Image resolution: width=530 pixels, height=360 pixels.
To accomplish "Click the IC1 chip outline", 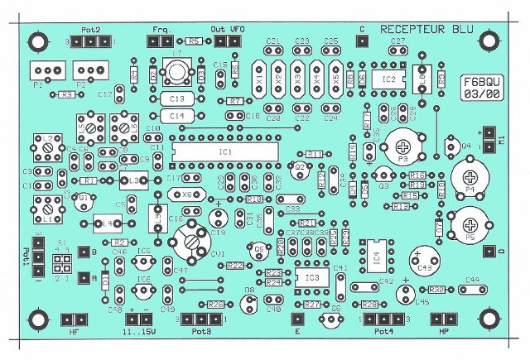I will [x=226, y=154].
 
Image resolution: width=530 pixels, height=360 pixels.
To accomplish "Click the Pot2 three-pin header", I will [x=89, y=41].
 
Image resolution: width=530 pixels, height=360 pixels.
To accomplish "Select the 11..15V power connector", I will [x=139, y=320].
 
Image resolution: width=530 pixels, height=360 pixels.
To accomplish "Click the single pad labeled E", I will [x=296, y=319].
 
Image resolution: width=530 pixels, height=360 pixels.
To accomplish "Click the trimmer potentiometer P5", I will [x=470, y=222].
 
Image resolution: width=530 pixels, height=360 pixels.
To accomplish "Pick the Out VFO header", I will [x=227, y=41].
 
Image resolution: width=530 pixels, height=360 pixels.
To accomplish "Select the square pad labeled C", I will [x=361, y=41].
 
